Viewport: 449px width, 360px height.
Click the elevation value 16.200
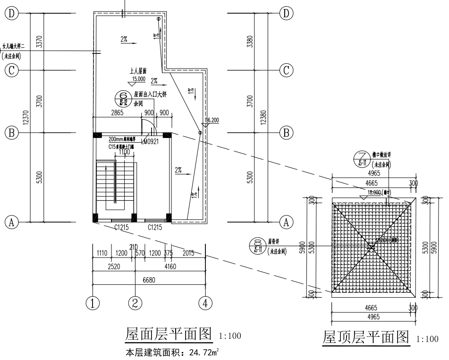coord(212,120)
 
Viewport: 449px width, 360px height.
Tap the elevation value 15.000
coord(138,79)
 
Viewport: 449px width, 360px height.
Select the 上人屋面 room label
coord(138,71)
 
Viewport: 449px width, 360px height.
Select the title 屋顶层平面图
coord(365,337)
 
